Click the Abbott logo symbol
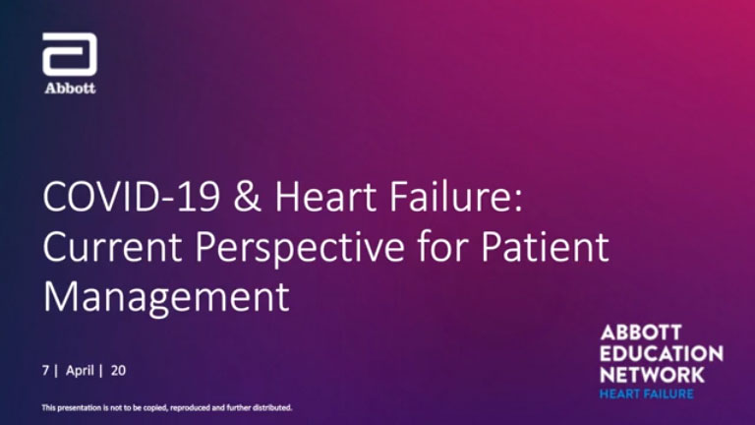click(70, 54)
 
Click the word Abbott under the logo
click(71, 89)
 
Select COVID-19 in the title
click(132, 197)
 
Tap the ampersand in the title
click(248, 197)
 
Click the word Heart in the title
click(326, 197)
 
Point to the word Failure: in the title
click(456, 197)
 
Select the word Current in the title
click(112, 247)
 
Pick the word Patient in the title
click(545, 246)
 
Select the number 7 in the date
click(45, 371)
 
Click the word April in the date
click(80, 371)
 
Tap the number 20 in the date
click(118, 371)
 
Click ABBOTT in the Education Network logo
click(641, 333)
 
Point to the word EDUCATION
click(662, 354)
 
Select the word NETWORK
click(653, 375)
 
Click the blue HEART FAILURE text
click(647, 395)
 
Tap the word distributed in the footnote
click(273, 407)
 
